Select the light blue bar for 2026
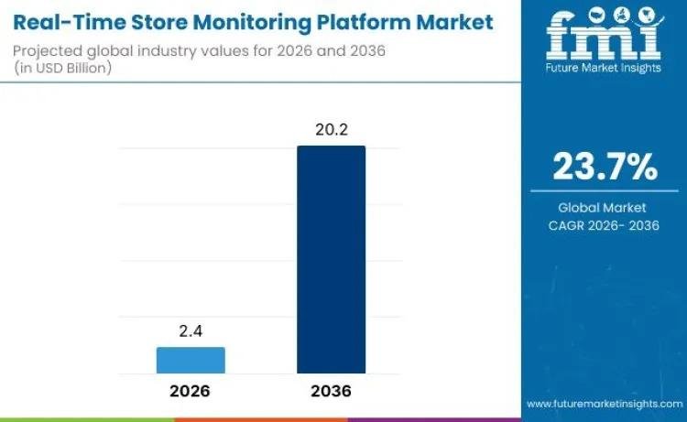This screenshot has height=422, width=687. tap(191, 360)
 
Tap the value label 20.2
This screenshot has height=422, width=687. tap(331, 131)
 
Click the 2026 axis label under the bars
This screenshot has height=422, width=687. tap(191, 390)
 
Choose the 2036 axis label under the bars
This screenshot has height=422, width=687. tap(331, 390)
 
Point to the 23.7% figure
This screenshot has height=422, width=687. tap(604, 167)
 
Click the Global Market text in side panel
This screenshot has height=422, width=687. tap(603, 208)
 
